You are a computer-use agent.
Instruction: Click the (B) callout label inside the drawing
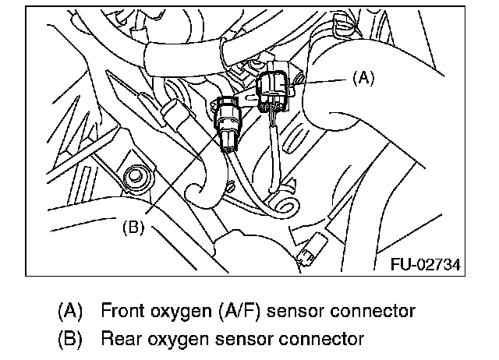click(134, 228)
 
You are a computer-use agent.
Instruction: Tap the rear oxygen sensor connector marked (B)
click(229, 124)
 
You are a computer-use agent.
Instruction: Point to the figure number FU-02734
click(424, 264)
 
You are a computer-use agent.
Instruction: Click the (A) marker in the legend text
click(71, 311)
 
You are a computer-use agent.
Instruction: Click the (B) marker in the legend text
click(71, 339)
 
